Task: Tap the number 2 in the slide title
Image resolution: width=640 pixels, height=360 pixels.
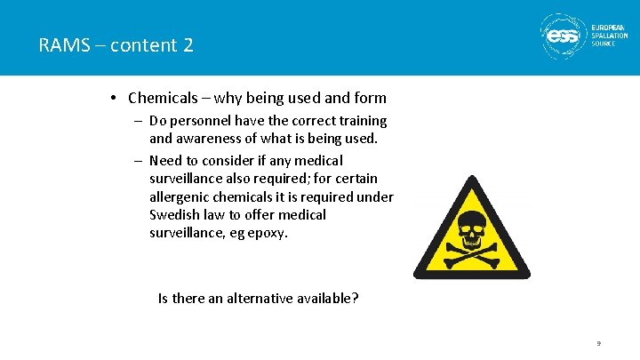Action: click(x=188, y=44)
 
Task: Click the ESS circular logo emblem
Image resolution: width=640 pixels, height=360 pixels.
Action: click(x=562, y=36)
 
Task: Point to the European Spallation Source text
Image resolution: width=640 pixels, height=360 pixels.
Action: click(x=610, y=36)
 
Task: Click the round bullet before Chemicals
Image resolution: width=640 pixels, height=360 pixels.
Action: click(x=116, y=98)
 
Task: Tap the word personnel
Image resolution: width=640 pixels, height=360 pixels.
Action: click(x=204, y=121)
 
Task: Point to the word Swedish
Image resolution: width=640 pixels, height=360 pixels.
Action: click(x=176, y=215)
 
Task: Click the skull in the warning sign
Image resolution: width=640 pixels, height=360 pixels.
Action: click(x=471, y=227)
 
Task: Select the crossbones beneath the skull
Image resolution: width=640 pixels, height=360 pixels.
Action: click(x=471, y=256)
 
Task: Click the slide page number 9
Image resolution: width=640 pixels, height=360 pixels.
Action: click(x=599, y=343)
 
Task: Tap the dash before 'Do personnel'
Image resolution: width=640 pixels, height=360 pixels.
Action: click(x=140, y=121)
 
